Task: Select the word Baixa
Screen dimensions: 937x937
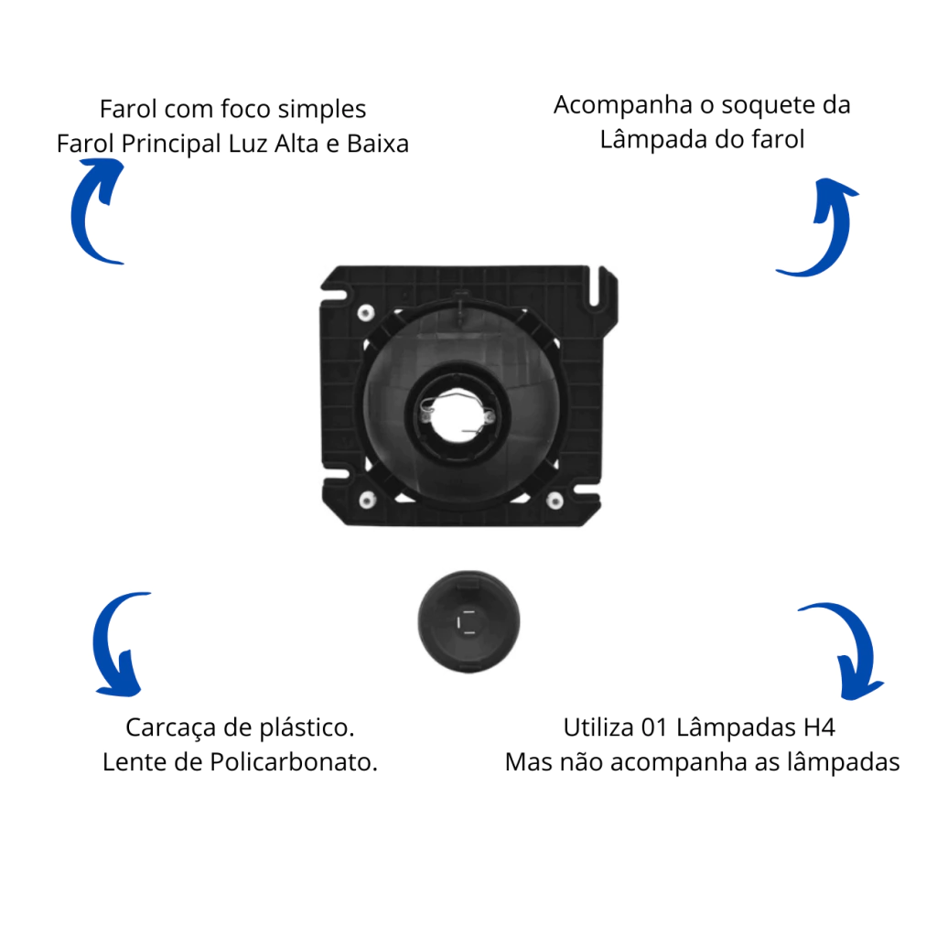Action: coord(378,144)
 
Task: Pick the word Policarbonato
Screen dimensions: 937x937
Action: coord(294,762)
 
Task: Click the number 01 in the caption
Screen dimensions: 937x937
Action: coord(654,727)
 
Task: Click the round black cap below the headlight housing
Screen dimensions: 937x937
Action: coord(468,621)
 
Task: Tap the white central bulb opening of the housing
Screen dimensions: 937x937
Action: coord(458,416)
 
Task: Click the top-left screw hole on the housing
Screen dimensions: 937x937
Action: coord(366,313)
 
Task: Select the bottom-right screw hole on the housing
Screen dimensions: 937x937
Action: coord(555,501)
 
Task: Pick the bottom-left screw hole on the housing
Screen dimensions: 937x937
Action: coord(367,500)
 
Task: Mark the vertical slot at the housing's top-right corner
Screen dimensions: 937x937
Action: coord(595,285)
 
